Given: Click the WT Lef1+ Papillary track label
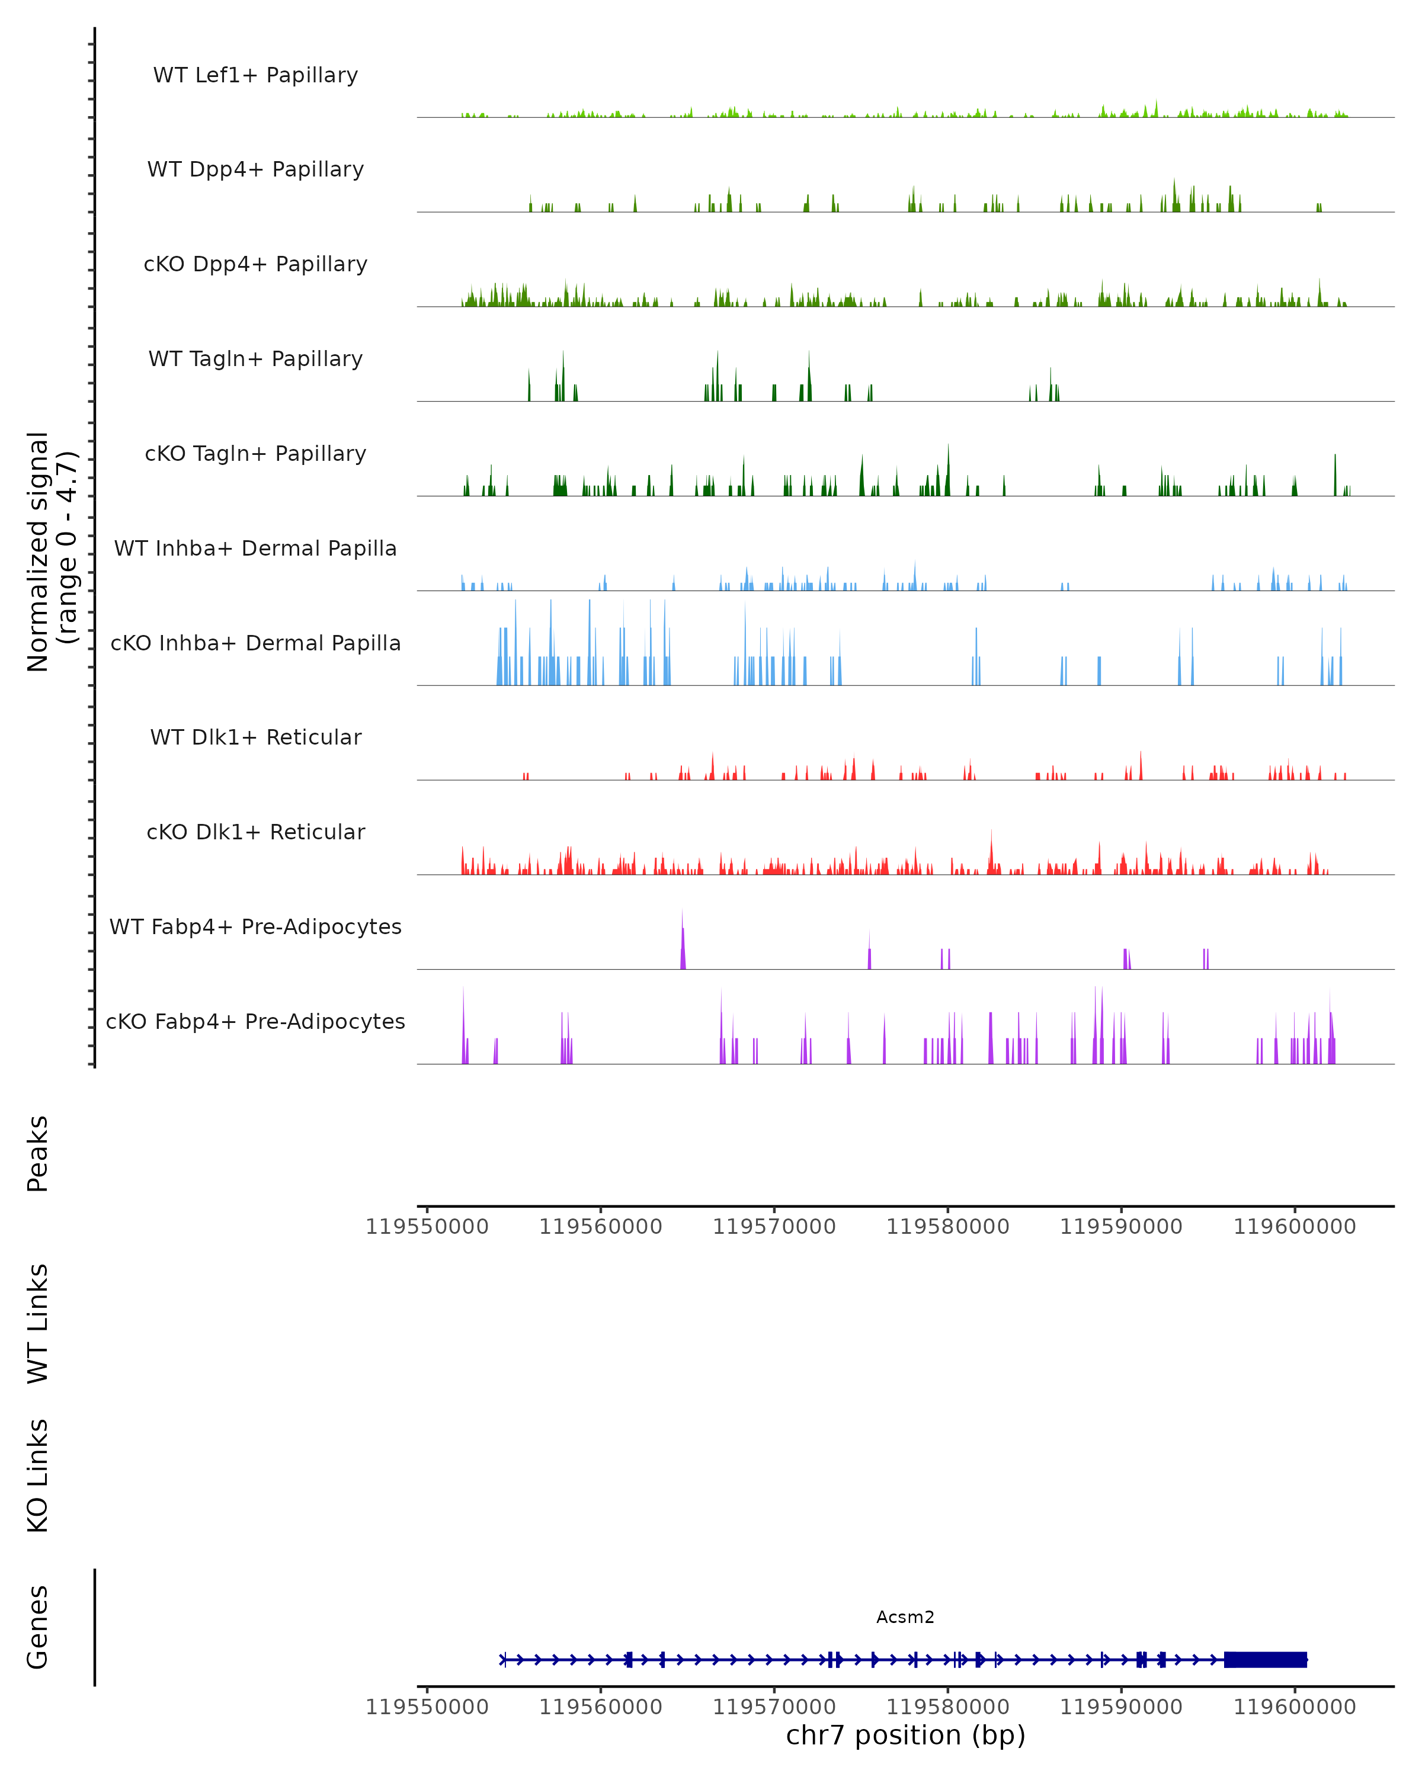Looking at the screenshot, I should coord(255,75).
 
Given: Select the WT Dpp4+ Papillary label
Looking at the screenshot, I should coord(255,170).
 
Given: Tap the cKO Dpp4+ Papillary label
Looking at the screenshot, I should coord(255,265).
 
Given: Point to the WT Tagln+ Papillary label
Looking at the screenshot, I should coord(255,360).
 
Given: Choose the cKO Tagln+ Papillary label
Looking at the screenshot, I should coord(255,454).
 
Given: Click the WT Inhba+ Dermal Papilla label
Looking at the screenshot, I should coord(255,549).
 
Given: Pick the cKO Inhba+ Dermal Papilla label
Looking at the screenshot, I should coord(255,644).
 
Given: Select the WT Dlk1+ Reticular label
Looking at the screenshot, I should coord(255,737).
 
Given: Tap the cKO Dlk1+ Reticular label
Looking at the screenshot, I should coord(255,832).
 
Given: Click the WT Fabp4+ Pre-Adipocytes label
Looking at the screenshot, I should coord(255,927).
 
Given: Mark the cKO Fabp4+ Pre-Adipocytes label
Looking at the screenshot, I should coord(255,1022).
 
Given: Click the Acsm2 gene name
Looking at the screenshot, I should coord(905,1617).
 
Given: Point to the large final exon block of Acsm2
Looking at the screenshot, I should coord(1266,1660).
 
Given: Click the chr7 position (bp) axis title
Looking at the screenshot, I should coord(905,1735).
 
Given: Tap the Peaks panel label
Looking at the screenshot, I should coord(38,1154).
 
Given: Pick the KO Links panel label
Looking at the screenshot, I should coord(38,1476).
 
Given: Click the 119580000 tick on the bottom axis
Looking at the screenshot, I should coord(948,1707).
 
